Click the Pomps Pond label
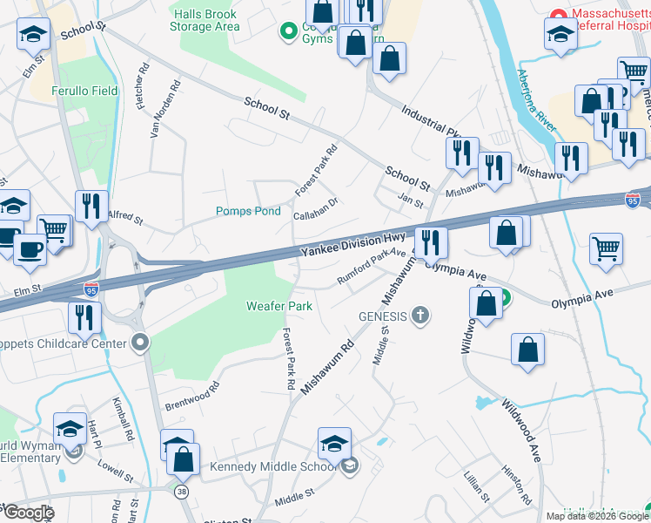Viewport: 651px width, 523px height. [248, 211]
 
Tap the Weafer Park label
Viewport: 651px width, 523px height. [279, 306]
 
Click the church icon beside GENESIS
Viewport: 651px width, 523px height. [420, 315]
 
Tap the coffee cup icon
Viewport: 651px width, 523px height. [30, 248]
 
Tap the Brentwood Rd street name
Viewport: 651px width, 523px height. [191, 396]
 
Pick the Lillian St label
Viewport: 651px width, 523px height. [477, 486]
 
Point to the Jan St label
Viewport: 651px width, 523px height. [409, 202]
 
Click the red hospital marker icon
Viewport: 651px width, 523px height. [557, 16]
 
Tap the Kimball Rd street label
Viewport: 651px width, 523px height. [122, 419]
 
